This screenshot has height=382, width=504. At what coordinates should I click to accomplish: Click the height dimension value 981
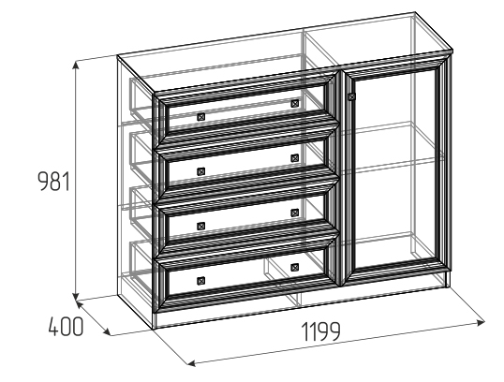pyautogui.click(x=54, y=182)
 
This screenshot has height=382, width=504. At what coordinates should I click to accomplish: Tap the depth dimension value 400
pyautogui.click(x=66, y=327)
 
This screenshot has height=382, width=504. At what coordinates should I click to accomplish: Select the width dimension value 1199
pyautogui.click(x=321, y=331)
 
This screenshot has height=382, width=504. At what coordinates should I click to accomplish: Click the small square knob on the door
pyautogui.click(x=352, y=96)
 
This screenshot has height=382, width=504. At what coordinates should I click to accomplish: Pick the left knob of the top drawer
pyautogui.click(x=200, y=117)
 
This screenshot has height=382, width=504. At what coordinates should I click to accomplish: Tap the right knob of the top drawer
pyautogui.click(x=295, y=103)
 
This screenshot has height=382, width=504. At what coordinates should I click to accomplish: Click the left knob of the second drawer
pyautogui.click(x=200, y=171)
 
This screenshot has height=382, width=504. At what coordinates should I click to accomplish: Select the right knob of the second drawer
pyautogui.click(x=295, y=158)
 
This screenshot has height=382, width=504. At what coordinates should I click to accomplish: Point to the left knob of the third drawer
pyautogui.click(x=200, y=227)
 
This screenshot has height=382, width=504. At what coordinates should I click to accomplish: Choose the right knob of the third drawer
pyautogui.click(x=295, y=213)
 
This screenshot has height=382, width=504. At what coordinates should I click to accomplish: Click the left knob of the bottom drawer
pyautogui.click(x=200, y=281)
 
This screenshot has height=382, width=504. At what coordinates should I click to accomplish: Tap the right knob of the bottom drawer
pyautogui.click(x=295, y=267)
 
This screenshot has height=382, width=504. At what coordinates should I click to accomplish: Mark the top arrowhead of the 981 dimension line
pyautogui.click(x=76, y=66)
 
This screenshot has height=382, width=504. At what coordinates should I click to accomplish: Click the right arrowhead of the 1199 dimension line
pyautogui.click(x=482, y=322)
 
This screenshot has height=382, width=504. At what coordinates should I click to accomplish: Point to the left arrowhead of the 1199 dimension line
pyautogui.click(x=191, y=363)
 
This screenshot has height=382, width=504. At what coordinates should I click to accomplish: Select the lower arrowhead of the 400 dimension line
pyautogui.click(x=108, y=331)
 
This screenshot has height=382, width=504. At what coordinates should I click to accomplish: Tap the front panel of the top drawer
pyautogui.click(x=245, y=110)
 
